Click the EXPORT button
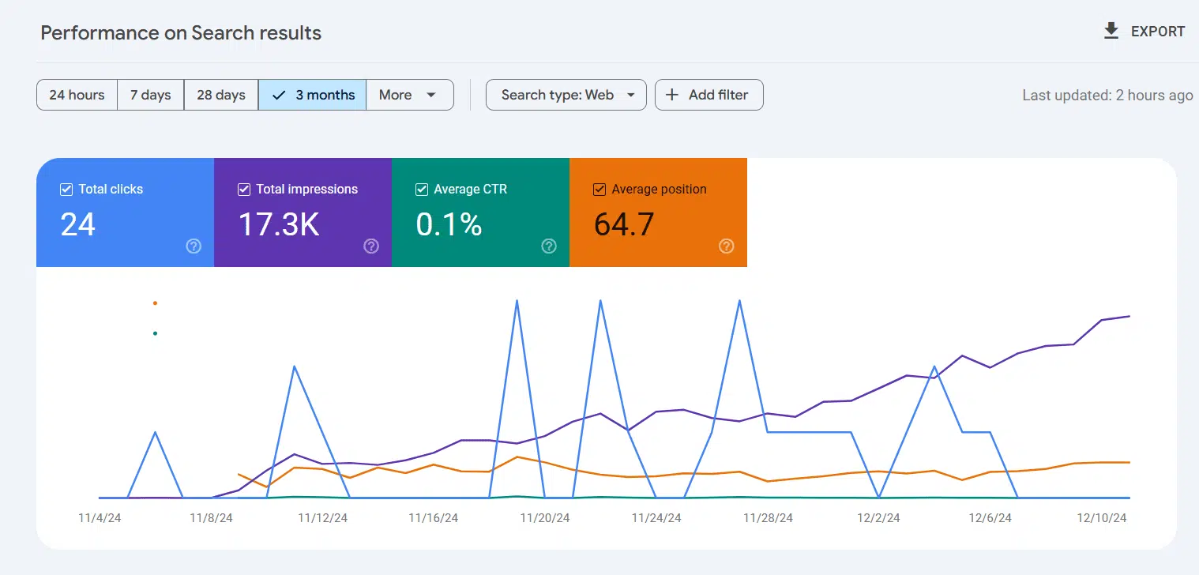pos(1144,32)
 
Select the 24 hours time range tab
pos(77,95)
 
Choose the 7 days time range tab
pos(150,95)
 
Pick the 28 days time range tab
pos(220,95)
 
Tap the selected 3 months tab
pos(313,95)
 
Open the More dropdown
pos(408,95)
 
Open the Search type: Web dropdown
pos(566,95)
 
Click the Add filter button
pos(708,95)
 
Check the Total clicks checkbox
pos(66,190)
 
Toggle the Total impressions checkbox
pos(244,190)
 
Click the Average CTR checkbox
pos(422,190)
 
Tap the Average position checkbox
pos(599,190)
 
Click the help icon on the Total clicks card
pos(194,246)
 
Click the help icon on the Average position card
pos(727,246)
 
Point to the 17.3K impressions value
pos(279,224)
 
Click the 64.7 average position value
pos(624,224)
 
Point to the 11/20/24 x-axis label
pos(544,518)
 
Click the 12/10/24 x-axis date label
pos(1102,518)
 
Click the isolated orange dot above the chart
pos(155,303)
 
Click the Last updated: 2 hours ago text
pos(1107,95)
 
